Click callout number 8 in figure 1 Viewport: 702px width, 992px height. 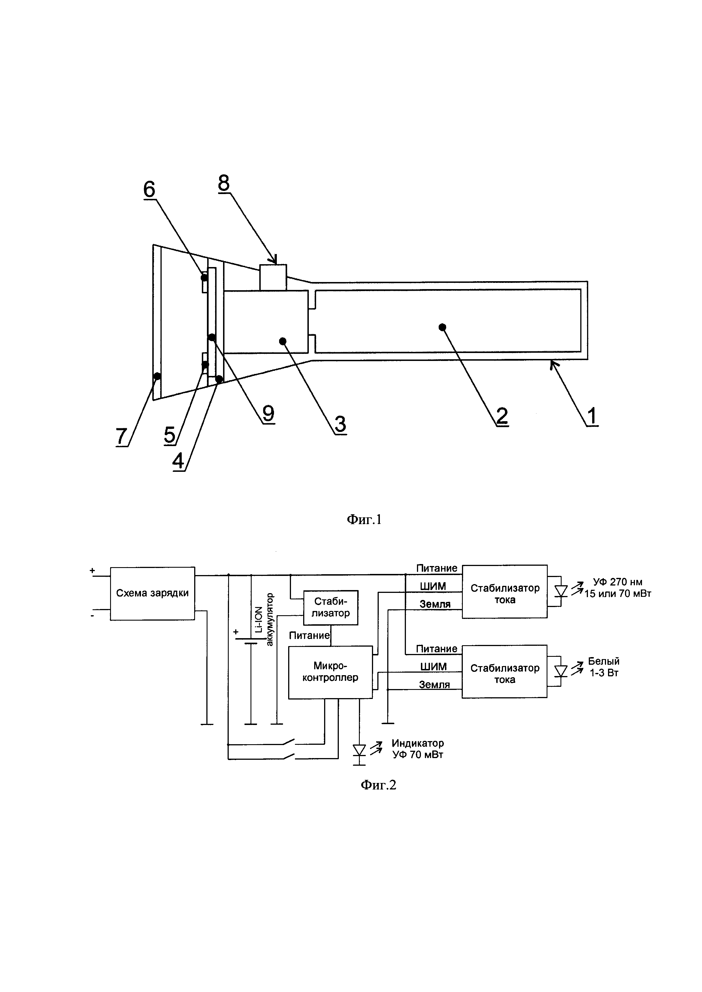(x=224, y=183)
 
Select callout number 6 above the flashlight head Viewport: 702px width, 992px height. (x=149, y=189)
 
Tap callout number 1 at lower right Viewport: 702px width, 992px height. (x=592, y=416)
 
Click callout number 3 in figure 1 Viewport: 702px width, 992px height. (x=340, y=423)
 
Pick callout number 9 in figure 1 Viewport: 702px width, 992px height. (x=268, y=414)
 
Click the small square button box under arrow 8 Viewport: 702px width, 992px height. (x=273, y=277)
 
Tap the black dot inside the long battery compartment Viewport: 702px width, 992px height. (x=442, y=327)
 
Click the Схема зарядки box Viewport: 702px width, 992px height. (x=152, y=593)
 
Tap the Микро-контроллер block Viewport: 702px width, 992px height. (x=330, y=672)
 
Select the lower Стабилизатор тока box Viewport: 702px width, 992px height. (x=504, y=673)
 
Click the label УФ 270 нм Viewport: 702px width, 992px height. (x=617, y=582)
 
